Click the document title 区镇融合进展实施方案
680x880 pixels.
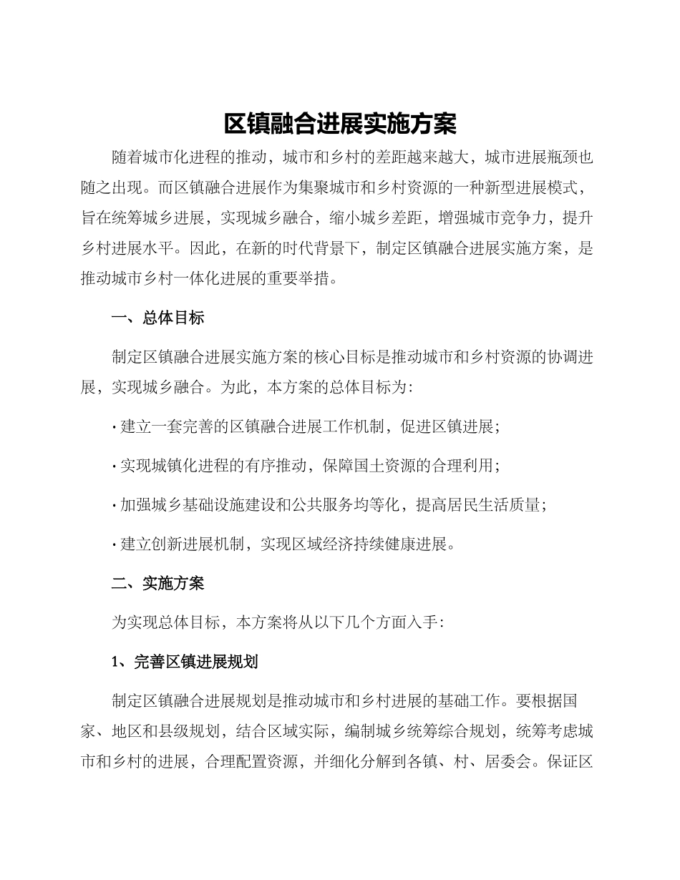pyautogui.click(x=340, y=124)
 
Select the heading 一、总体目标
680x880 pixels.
pyautogui.click(x=158, y=318)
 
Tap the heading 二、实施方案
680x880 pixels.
pyautogui.click(x=158, y=583)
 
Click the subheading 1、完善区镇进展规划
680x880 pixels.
pyautogui.click(x=185, y=662)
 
